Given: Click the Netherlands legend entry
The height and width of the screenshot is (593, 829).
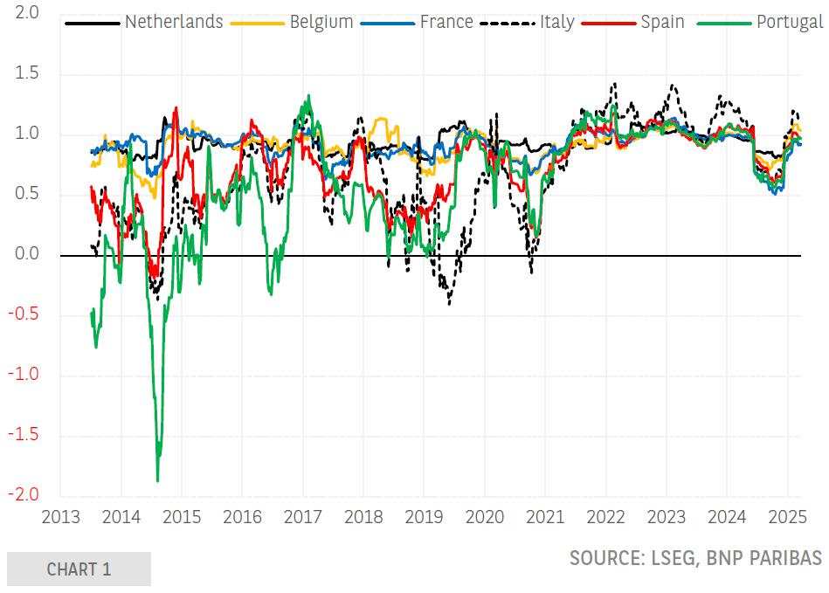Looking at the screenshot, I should (174, 22).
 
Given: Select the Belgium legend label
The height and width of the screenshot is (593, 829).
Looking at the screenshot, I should (321, 22).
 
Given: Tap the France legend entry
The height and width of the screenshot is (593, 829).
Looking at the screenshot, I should (446, 22).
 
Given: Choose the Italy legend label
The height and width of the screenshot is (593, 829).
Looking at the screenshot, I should (556, 22).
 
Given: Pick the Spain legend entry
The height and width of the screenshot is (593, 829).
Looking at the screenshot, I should (662, 22).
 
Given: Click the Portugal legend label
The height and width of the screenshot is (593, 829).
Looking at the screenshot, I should (789, 22).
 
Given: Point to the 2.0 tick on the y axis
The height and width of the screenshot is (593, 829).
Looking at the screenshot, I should (27, 14).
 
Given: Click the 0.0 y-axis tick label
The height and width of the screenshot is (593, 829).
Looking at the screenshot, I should (27, 255).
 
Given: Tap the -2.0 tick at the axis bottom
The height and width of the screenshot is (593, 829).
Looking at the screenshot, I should (24, 495).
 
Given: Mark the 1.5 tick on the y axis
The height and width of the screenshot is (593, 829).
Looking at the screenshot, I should (27, 74).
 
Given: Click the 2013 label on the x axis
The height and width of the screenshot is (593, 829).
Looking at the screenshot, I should (60, 517).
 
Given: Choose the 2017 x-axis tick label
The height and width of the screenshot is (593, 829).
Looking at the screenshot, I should (303, 517).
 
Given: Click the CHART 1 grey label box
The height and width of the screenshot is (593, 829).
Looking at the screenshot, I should (79, 569).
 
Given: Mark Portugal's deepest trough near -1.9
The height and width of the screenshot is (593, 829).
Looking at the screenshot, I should (157, 479).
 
